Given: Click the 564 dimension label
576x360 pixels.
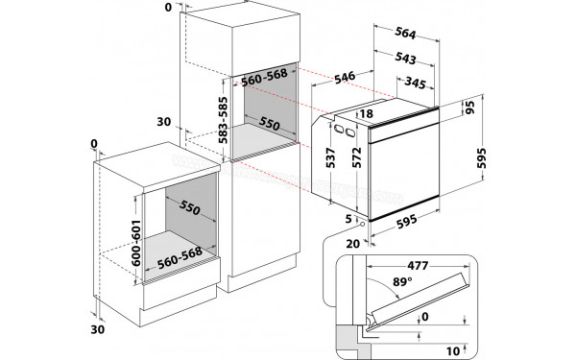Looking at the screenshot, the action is click(405, 33).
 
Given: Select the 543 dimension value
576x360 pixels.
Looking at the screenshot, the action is click(405, 58).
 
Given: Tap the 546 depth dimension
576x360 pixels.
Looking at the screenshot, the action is click(345, 77).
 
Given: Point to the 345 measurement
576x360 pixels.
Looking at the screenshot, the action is click(415, 83).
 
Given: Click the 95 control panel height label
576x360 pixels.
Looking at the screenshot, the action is click(469, 107).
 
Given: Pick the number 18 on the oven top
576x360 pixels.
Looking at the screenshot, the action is click(367, 114).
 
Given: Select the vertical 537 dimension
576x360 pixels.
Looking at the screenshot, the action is click(331, 158).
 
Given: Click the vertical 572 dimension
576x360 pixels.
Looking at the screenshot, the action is click(357, 158).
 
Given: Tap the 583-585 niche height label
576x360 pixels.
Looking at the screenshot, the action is click(223, 120).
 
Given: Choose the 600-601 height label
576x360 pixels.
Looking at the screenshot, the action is click(136, 243).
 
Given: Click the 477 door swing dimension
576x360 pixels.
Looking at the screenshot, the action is click(418, 265).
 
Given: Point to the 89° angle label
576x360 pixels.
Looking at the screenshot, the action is click(402, 281).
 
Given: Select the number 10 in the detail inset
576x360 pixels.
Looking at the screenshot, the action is click(453, 351).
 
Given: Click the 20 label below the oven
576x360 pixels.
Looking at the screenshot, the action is click(353, 244).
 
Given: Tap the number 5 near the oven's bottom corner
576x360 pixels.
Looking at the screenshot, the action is click(348, 219).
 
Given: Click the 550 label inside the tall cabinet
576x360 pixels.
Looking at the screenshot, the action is click(269, 124).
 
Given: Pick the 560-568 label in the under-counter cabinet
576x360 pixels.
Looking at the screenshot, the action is click(180, 257).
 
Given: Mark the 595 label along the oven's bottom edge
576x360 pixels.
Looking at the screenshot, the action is click(407, 222).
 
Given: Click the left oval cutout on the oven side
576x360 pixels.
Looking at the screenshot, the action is click(338, 130).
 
